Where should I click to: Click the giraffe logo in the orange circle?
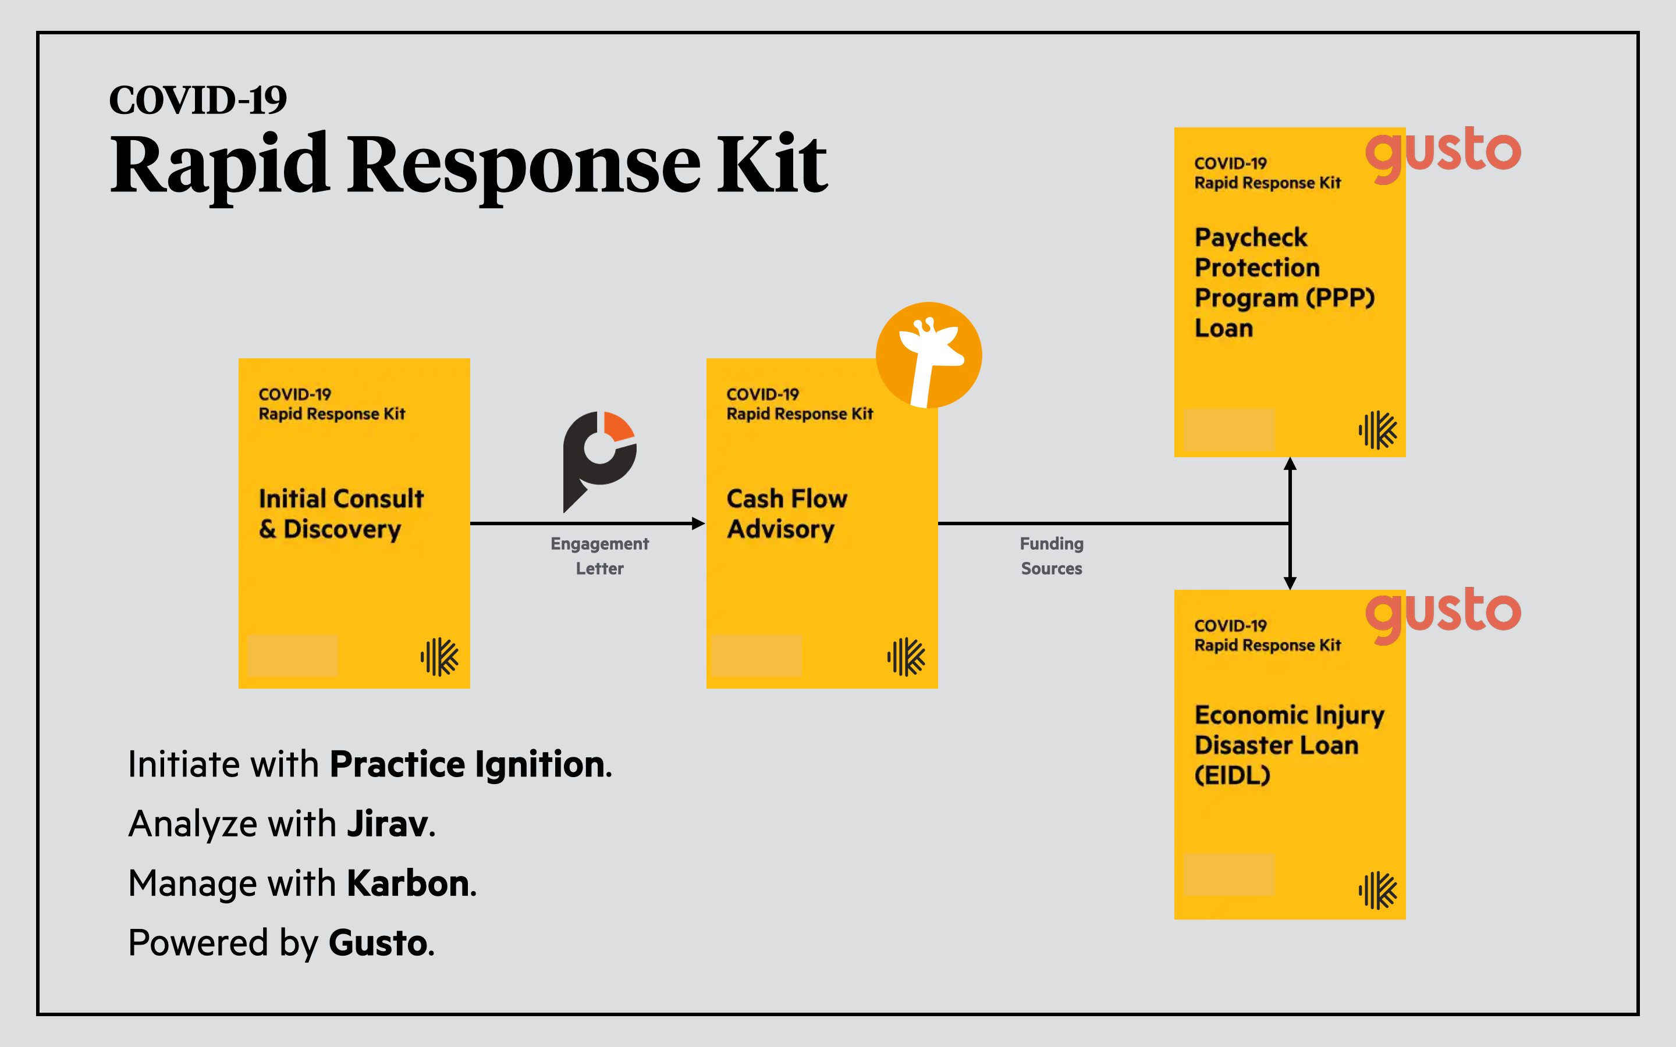tap(929, 355)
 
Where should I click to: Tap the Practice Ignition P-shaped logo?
tap(599, 458)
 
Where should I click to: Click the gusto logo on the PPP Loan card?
tap(1443, 152)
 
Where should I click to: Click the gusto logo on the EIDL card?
tap(1443, 614)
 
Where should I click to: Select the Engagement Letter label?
tap(600, 556)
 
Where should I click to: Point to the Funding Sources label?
tap(1052, 556)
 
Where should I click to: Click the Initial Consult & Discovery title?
tap(341, 514)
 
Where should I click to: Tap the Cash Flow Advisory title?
tap(787, 514)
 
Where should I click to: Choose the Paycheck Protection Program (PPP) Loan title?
tap(1284, 283)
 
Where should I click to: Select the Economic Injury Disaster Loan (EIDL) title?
tap(1289, 745)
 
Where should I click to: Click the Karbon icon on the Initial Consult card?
tap(439, 657)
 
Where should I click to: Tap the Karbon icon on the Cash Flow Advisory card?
tap(906, 657)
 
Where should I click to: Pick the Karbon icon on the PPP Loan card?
tap(1377, 430)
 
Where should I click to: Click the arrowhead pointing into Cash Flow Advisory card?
tap(699, 523)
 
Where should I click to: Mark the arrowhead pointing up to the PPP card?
tap(1290, 464)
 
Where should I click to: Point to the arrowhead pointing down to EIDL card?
tap(1290, 583)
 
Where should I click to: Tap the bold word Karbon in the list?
tap(409, 884)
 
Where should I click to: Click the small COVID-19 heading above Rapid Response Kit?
tap(198, 101)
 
